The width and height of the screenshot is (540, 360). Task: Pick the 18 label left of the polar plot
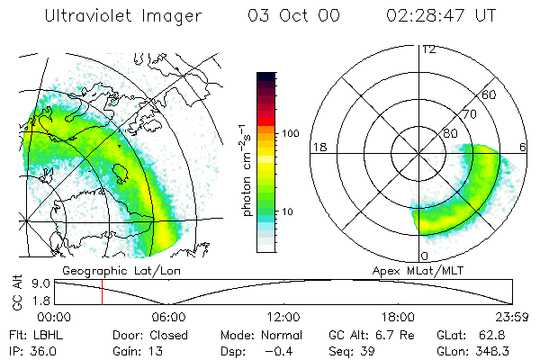coord(319,147)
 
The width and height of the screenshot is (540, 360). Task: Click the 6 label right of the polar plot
coord(525,147)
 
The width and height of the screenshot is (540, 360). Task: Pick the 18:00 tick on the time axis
coord(398,316)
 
